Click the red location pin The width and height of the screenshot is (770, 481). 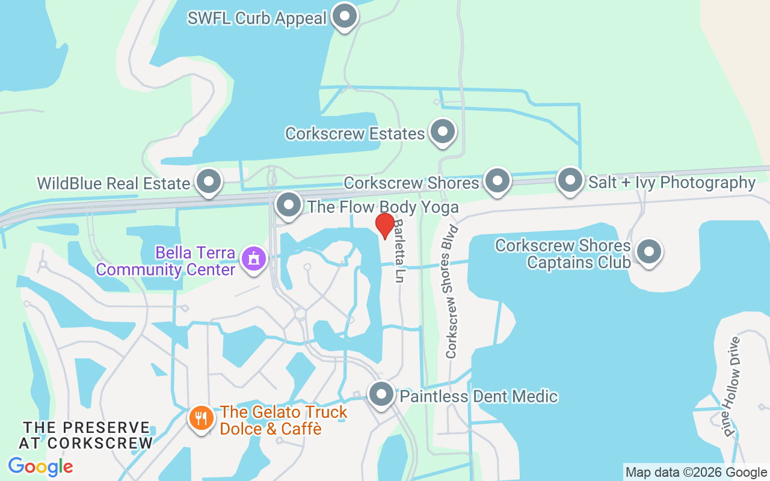(x=384, y=225)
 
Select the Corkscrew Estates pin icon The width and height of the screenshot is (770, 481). (x=443, y=131)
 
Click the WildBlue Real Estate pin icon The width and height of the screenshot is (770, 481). (x=209, y=181)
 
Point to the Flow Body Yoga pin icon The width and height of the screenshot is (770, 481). (x=289, y=205)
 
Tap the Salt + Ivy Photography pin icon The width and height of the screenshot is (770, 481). (x=570, y=180)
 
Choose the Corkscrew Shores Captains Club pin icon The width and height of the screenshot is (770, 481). (x=648, y=252)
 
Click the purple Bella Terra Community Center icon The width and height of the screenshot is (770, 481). (x=253, y=259)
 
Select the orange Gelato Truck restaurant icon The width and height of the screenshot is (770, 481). (x=200, y=418)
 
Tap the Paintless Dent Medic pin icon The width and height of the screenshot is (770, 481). (x=381, y=394)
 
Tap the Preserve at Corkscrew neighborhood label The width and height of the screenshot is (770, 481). (x=86, y=435)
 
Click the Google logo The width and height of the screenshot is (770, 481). (x=40, y=466)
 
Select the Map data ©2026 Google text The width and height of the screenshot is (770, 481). (x=696, y=473)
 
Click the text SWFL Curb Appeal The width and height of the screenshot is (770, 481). (x=257, y=18)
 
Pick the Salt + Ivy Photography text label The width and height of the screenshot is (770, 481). (x=672, y=182)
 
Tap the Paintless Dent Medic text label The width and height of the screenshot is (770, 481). (x=479, y=397)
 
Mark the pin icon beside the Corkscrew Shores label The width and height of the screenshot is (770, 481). (x=497, y=180)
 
